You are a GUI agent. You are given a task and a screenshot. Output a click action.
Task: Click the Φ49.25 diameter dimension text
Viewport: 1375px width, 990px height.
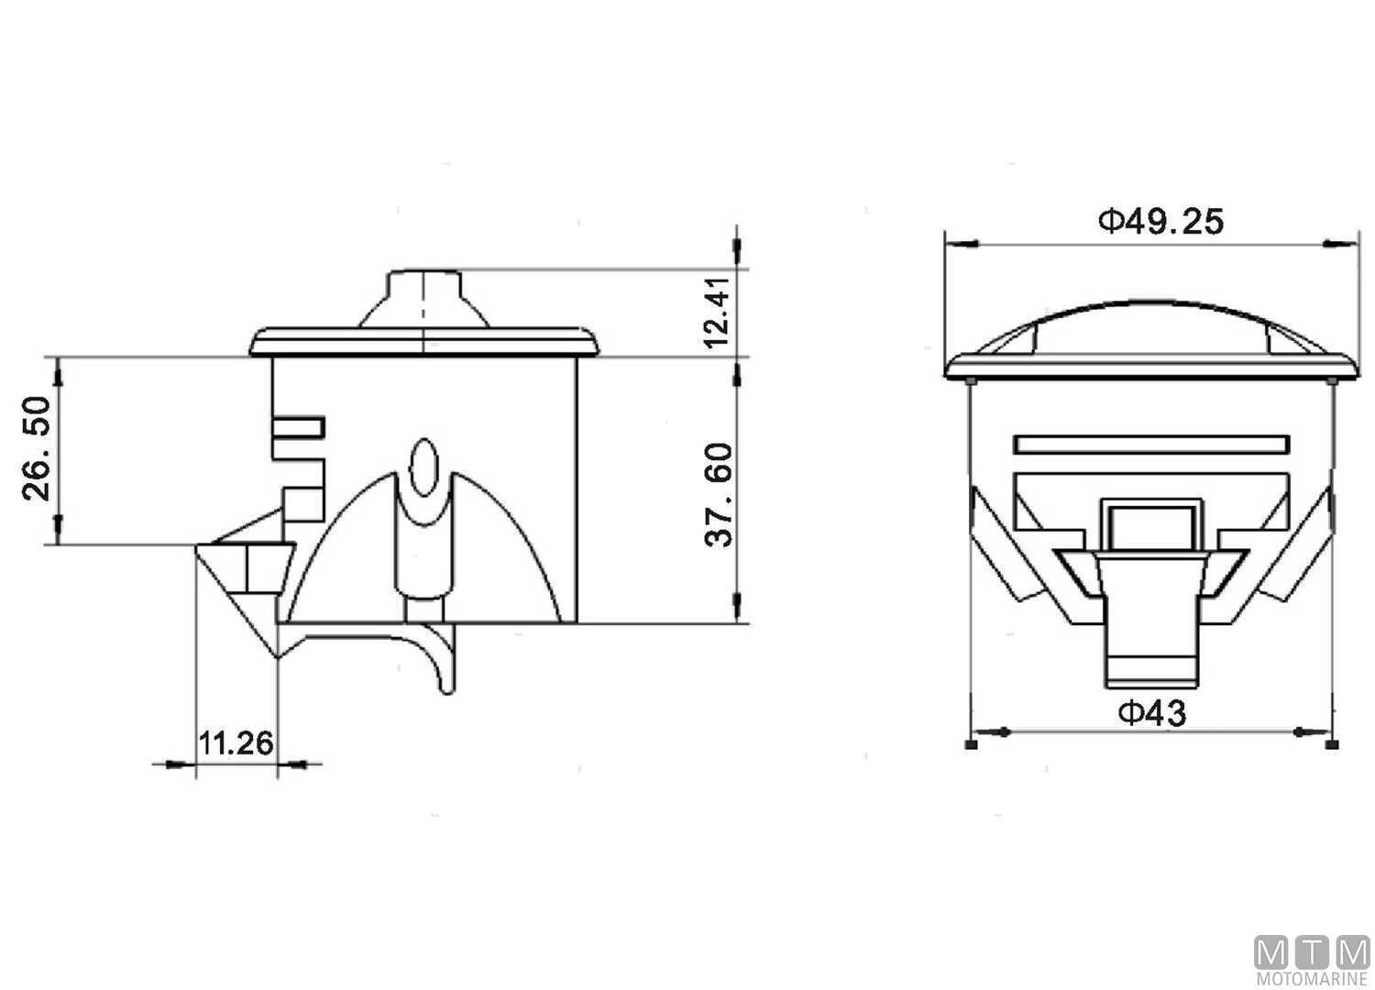coord(1160,222)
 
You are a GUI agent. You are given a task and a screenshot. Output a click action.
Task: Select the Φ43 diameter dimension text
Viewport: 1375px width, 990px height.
coord(1151,713)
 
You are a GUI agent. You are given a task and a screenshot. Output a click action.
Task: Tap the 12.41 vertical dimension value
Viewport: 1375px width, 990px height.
coord(717,313)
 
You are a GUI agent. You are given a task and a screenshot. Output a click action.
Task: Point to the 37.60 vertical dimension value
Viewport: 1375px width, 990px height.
coord(718,495)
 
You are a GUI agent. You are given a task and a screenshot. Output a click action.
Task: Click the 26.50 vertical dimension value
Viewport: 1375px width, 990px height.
coord(37,448)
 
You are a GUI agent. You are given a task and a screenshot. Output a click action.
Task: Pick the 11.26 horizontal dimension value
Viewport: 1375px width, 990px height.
coord(236,743)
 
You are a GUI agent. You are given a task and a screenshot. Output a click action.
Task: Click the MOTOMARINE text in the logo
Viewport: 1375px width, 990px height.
coord(1313,979)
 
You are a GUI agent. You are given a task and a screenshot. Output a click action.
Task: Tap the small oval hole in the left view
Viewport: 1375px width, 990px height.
coord(423,467)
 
